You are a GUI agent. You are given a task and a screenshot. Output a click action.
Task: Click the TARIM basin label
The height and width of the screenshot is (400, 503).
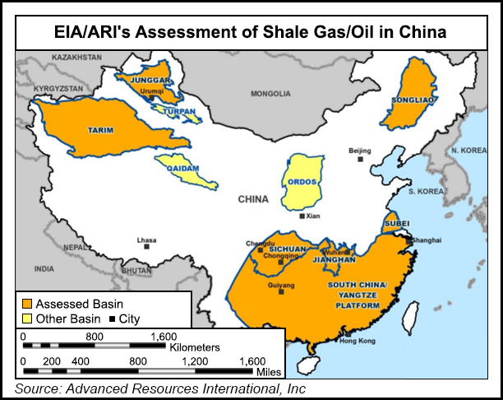click(99, 130)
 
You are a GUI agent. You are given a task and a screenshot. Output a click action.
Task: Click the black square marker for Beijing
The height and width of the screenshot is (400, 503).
click(360, 160)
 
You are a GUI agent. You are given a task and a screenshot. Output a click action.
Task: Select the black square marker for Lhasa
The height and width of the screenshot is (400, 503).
click(146, 246)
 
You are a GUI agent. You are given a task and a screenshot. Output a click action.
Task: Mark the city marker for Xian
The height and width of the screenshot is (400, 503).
click(302, 216)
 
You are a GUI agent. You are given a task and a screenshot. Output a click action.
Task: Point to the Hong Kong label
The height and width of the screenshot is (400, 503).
click(357, 341)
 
